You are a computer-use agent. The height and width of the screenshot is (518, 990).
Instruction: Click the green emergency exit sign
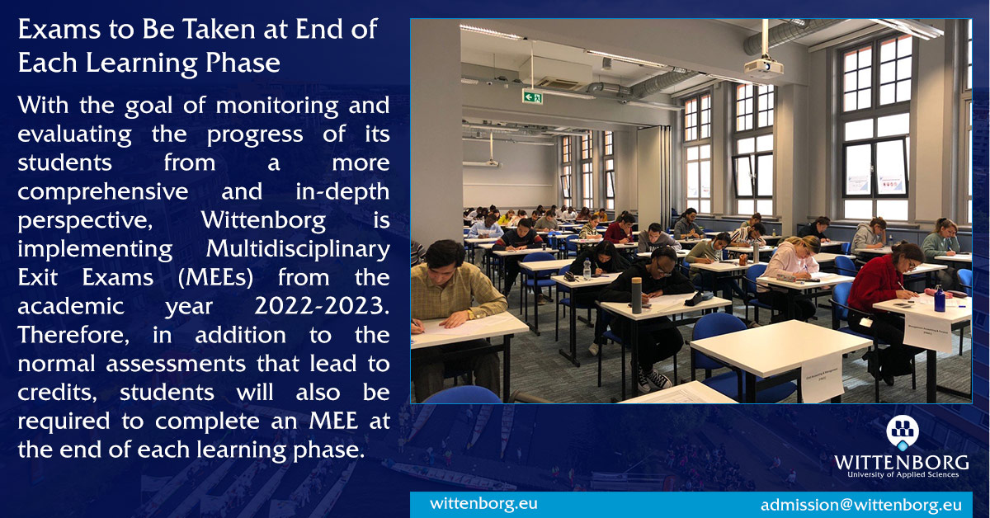[x=532, y=97]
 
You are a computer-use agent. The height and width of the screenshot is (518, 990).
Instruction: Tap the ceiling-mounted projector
[x=763, y=68]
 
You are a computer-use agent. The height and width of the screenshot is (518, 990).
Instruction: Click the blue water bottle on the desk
[x=939, y=299]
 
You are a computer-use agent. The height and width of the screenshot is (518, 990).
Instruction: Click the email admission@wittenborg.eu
[x=860, y=505]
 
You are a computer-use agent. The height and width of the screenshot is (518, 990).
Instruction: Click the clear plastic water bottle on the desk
[x=587, y=269]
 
